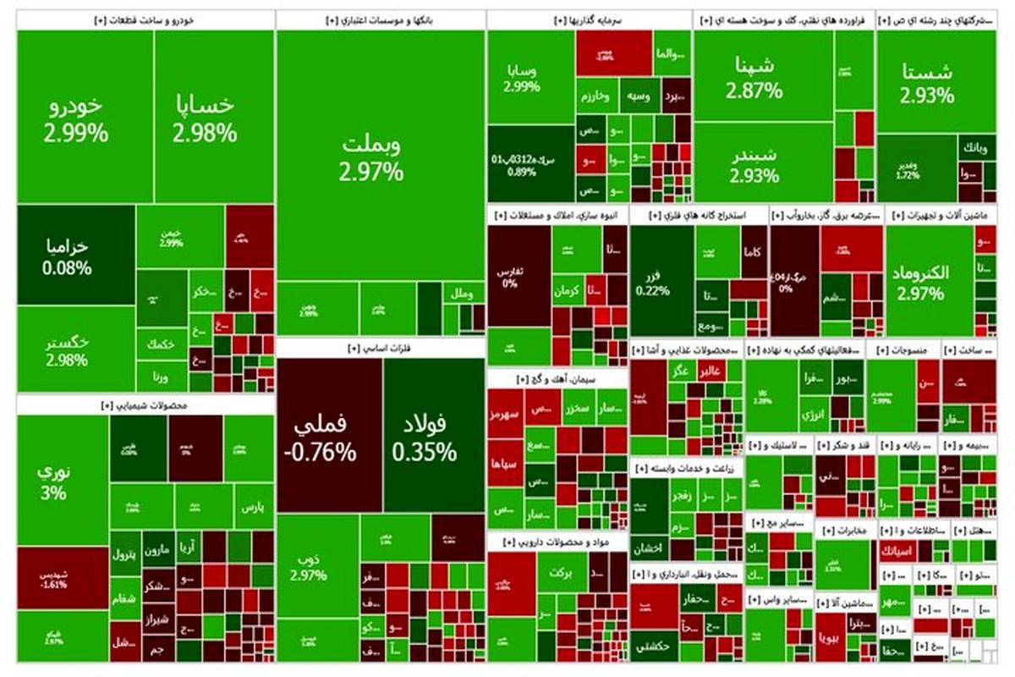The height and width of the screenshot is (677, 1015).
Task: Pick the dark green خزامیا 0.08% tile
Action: tap(76, 256)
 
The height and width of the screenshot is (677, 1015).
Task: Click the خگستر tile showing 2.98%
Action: tap(76, 349)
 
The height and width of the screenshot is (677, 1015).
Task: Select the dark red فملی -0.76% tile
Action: tap(329, 436)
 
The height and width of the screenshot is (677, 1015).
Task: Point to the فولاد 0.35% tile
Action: tap(434, 436)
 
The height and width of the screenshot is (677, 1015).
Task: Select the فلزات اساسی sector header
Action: tap(381, 347)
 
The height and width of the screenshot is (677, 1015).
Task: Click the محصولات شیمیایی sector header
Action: tap(145, 405)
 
